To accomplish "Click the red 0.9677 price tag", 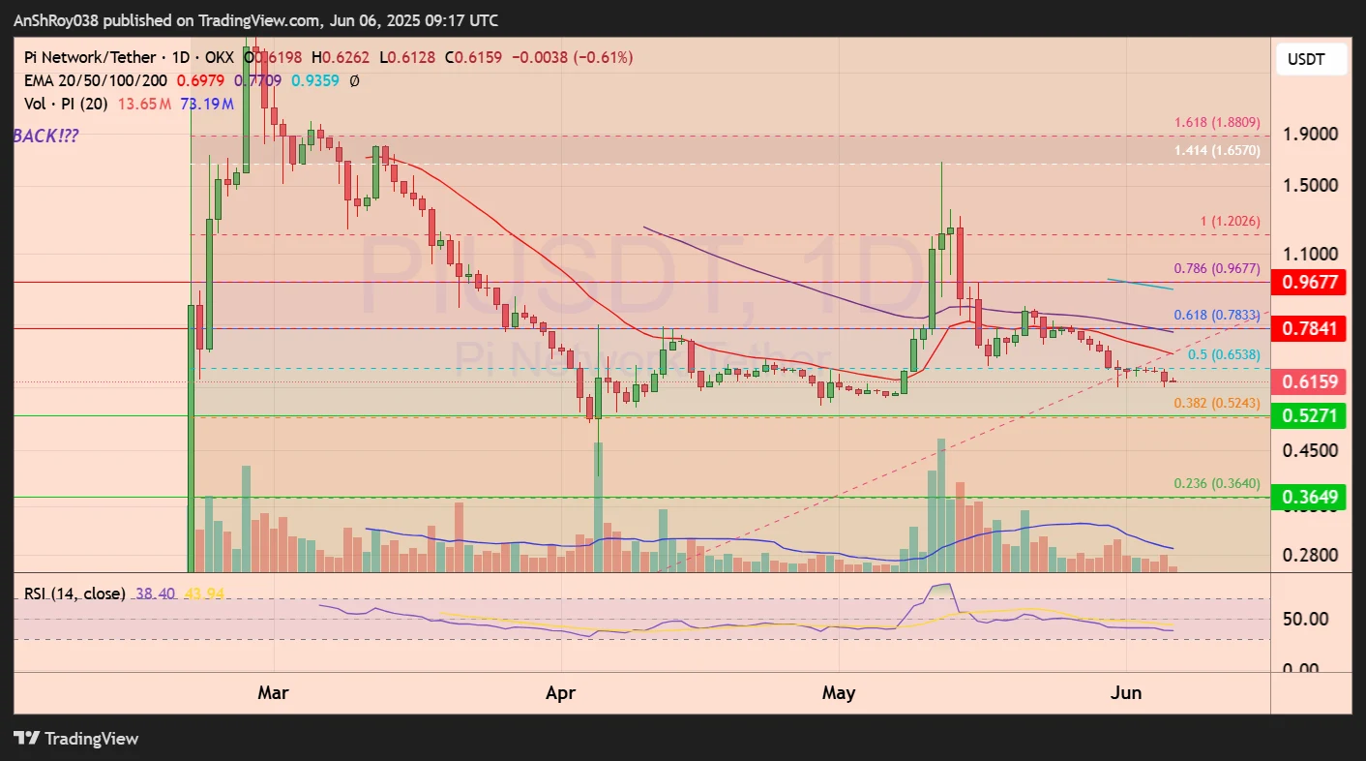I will coord(1310,283).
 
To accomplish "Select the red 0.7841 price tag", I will coord(1310,329).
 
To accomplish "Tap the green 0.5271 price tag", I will coord(1310,416).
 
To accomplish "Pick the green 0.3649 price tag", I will coord(1310,498).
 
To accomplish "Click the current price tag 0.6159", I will coord(1310,382).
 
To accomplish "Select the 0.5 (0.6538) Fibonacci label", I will coord(1223,355).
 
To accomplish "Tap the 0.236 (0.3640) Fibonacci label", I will coord(1216,483).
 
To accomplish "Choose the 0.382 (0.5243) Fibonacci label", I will coord(1216,403).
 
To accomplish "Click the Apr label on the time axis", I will coord(561,693).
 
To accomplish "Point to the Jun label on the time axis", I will coord(1127,693).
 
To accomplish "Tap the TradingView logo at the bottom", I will coord(76,739).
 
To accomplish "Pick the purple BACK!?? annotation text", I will coord(46,137).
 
